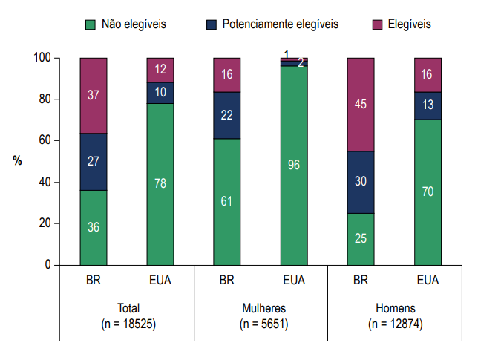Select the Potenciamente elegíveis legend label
280,24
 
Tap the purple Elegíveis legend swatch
376,24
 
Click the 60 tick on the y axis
45,140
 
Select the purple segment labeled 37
94,96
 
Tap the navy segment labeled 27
94,162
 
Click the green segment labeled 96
294,166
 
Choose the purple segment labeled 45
361,104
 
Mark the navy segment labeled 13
428,105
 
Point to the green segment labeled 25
361,239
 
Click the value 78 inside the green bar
160,183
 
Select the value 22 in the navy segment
227,115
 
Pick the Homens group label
394,308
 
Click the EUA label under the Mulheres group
294,282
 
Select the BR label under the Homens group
361,282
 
